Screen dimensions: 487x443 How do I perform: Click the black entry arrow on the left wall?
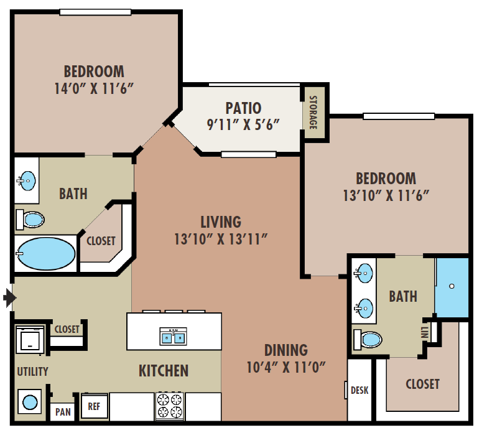tap(9, 297)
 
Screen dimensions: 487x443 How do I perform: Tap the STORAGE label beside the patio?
tap(313, 113)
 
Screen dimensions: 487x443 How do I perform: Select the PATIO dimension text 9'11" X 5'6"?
tap(243, 124)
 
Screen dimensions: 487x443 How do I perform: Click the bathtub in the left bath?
tap(45, 253)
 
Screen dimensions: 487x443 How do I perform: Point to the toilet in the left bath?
tap(30, 220)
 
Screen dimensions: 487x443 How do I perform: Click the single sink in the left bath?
tap(27, 180)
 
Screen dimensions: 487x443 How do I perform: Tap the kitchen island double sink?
tap(174, 336)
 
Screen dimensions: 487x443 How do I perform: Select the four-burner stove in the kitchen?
tap(170, 406)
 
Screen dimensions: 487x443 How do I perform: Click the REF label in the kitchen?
tap(94, 406)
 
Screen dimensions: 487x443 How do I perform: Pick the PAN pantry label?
tap(63, 412)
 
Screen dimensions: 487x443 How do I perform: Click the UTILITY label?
tap(32, 371)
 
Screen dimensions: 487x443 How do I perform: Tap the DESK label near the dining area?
tap(359, 390)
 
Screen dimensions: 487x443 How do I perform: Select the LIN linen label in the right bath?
tap(425, 332)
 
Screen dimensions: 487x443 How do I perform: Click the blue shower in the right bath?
tap(452, 287)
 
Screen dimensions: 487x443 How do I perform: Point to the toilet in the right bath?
tap(368, 339)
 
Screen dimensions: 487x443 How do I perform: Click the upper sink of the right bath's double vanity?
tap(363, 273)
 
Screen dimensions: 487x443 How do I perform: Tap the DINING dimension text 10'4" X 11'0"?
tap(285, 367)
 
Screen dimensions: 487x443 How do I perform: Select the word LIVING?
tap(221, 222)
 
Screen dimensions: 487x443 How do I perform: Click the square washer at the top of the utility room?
tap(30, 340)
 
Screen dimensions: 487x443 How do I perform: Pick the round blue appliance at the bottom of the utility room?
tap(30, 402)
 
